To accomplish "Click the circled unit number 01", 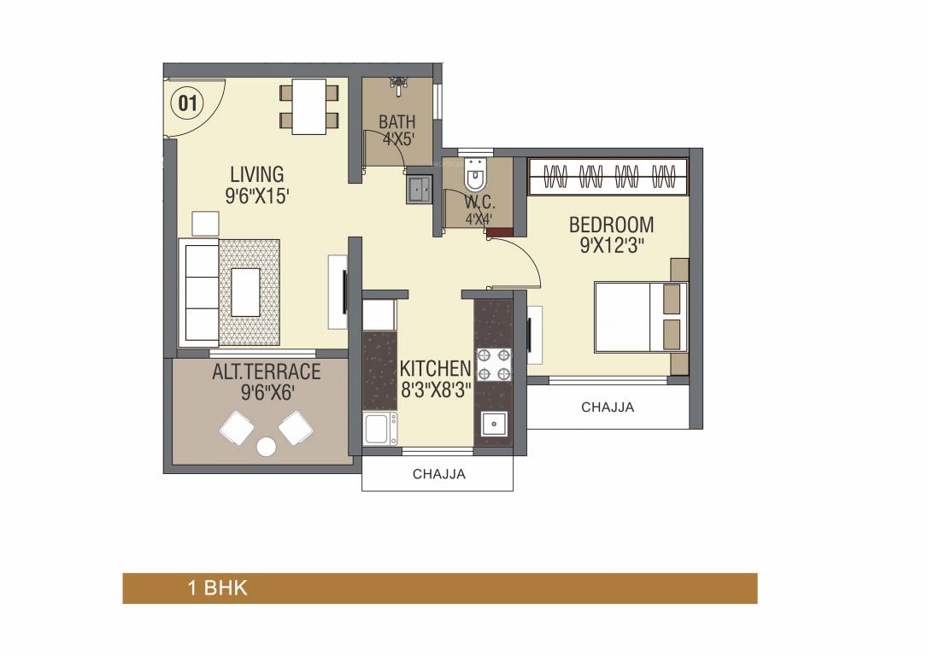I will (x=188, y=103).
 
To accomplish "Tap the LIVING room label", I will (x=256, y=175).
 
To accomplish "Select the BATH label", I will (x=396, y=122).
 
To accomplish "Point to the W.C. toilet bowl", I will (x=474, y=178).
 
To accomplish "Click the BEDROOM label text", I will (x=611, y=225).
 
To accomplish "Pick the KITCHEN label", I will (x=435, y=368).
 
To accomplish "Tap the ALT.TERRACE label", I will (x=266, y=372).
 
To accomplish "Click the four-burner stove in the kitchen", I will (x=493, y=363).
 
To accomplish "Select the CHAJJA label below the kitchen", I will (x=438, y=474).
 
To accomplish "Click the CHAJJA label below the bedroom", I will (x=608, y=407).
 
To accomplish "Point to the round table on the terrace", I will (x=267, y=446).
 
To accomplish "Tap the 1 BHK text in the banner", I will (x=217, y=589).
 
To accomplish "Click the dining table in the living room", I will (x=308, y=107).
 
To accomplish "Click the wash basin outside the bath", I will (x=419, y=189).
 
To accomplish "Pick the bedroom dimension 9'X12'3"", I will (x=611, y=245).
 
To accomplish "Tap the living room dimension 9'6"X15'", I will (x=256, y=196).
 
